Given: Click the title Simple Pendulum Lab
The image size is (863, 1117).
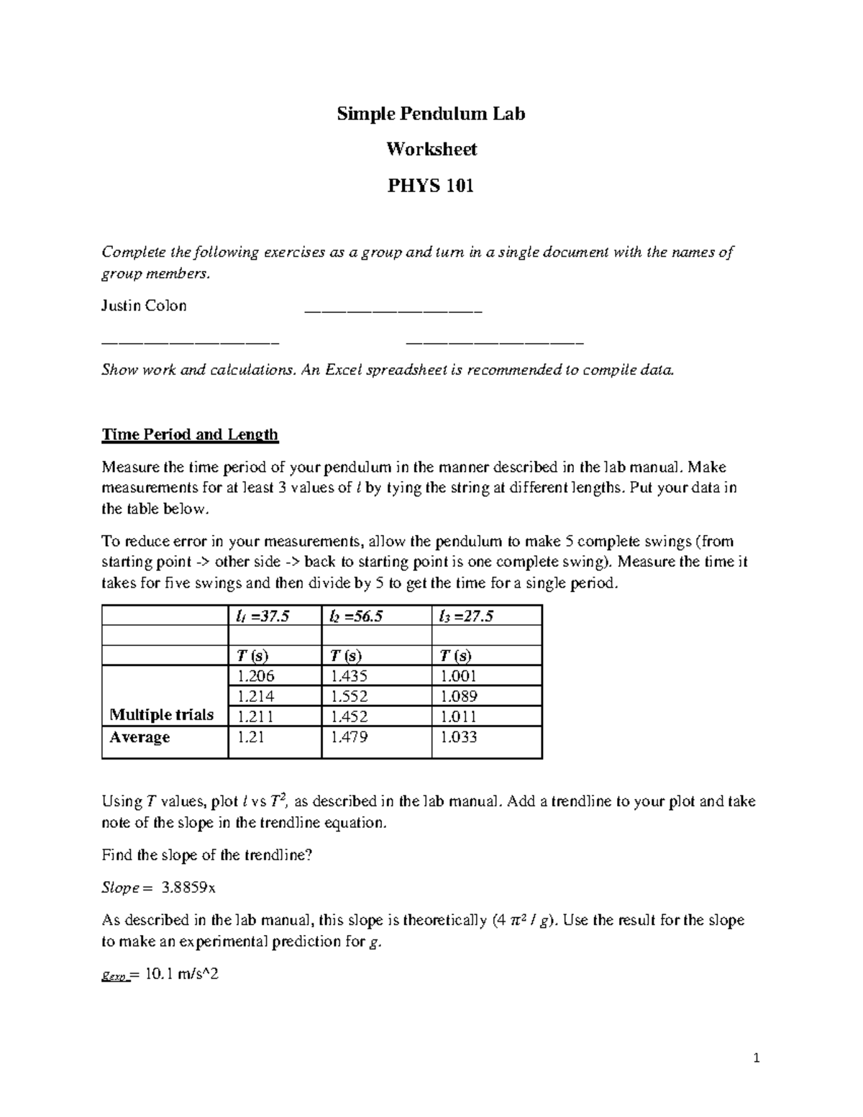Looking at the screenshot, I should pyautogui.click(x=431, y=114).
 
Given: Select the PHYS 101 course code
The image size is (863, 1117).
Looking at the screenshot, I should pyautogui.click(x=431, y=186).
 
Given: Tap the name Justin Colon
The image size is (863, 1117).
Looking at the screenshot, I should pyautogui.click(x=144, y=306).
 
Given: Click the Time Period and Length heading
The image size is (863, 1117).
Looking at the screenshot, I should pyautogui.click(x=190, y=434).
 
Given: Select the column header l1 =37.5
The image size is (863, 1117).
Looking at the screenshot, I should pyautogui.click(x=263, y=616).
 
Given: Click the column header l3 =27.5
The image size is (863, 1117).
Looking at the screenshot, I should pyautogui.click(x=466, y=616).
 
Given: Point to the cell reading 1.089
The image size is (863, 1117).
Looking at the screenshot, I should pyautogui.click(x=459, y=696).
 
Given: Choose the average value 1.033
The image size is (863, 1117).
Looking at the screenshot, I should pyautogui.click(x=459, y=737).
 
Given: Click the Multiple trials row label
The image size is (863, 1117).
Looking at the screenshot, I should pyautogui.click(x=161, y=715).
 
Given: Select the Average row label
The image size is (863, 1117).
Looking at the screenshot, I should pyautogui.click(x=140, y=737).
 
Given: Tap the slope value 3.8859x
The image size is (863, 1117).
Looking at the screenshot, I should pyautogui.click(x=188, y=888).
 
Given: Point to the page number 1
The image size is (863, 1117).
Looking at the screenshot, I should pyautogui.click(x=756, y=1058).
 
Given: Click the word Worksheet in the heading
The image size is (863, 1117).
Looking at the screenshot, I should pyautogui.click(x=431, y=149).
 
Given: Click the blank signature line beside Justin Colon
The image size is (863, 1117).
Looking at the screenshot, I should pyautogui.click(x=393, y=311).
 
